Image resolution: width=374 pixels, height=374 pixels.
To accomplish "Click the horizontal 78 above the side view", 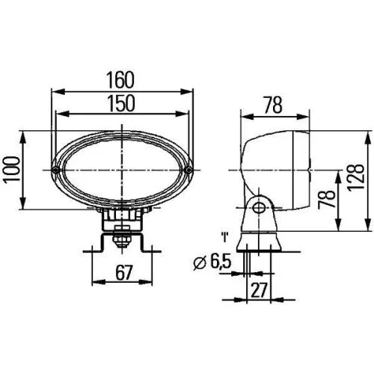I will click(x=273, y=105).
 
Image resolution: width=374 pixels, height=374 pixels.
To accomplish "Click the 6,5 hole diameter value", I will click(x=218, y=262).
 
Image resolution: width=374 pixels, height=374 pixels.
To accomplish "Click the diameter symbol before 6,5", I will click(x=198, y=263).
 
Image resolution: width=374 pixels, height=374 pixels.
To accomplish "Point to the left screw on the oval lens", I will click(x=58, y=171).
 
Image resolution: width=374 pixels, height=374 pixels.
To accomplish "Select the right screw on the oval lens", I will click(x=189, y=171).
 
